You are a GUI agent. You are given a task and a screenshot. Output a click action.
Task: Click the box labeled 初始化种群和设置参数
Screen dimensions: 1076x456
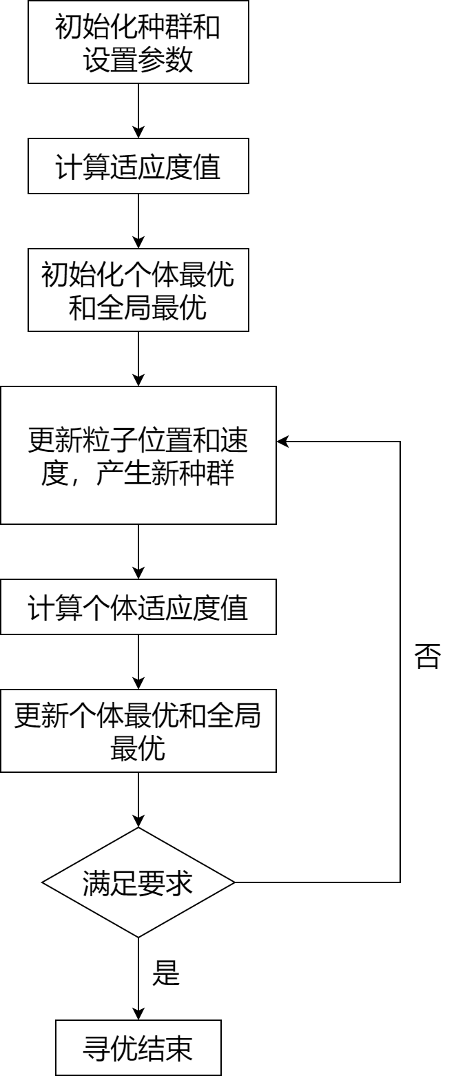[x=138, y=42]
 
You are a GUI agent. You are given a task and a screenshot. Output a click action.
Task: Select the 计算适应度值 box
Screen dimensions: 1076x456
[x=138, y=166]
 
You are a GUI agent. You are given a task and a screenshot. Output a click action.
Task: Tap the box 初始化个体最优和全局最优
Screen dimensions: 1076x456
[x=138, y=290]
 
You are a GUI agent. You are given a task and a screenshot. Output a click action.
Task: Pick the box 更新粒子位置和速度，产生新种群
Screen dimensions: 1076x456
[x=138, y=455]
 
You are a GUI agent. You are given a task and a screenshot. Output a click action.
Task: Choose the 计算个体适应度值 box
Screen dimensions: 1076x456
[x=138, y=607]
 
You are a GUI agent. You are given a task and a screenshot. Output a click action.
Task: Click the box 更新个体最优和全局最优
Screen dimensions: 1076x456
[x=138, y=731]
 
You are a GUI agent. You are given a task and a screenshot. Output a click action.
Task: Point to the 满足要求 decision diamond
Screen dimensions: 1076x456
[x=138, y=882]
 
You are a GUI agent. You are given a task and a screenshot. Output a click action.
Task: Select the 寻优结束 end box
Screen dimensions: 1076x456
[x=138, y=1048]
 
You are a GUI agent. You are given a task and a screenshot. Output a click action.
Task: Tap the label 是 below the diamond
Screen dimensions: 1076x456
[x=165, y=972]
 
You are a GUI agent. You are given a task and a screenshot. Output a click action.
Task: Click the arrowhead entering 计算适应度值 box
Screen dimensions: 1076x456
[x=138, y=133]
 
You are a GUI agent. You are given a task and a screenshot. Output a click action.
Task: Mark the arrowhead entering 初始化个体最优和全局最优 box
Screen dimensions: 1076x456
[x=138, y=243]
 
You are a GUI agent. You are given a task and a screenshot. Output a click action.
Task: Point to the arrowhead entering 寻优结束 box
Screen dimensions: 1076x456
[x=138, y=1015]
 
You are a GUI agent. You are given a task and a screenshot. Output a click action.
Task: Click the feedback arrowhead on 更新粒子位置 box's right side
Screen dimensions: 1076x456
[x=282, y=442]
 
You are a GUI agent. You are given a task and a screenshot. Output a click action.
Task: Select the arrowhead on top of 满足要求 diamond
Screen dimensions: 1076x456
[x=138, y=822]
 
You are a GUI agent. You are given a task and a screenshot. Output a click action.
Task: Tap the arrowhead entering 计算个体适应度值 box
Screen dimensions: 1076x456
[x=138, y=574]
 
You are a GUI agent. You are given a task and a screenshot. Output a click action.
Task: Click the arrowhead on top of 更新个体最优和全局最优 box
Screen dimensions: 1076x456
[x=138, y=684]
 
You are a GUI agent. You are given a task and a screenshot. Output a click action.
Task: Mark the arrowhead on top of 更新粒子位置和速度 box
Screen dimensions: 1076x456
[x=138, y=381]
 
